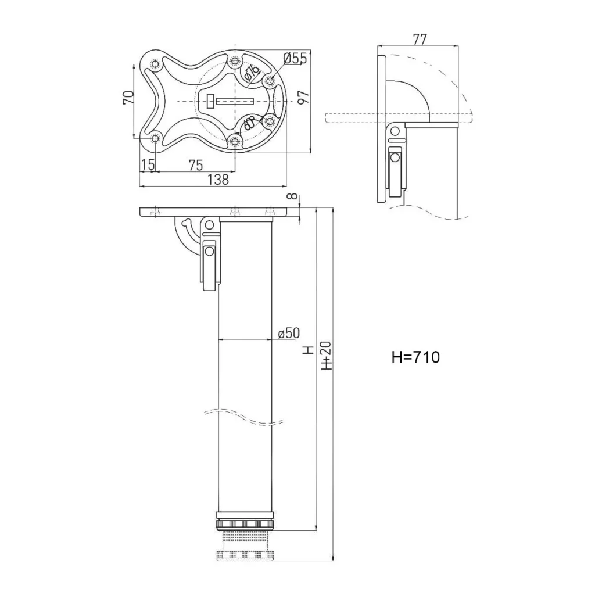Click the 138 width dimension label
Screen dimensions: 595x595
217,180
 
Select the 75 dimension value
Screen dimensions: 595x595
196,164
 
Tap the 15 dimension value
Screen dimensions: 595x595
148,164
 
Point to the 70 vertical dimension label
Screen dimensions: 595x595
128,98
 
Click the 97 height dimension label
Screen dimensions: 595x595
302,98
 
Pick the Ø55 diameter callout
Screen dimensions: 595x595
295,58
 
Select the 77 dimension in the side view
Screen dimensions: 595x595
420,40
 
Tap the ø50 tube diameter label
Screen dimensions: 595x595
289,333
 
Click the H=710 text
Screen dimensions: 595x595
415,357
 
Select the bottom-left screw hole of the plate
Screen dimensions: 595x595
155,139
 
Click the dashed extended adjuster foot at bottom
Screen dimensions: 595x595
245,554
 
